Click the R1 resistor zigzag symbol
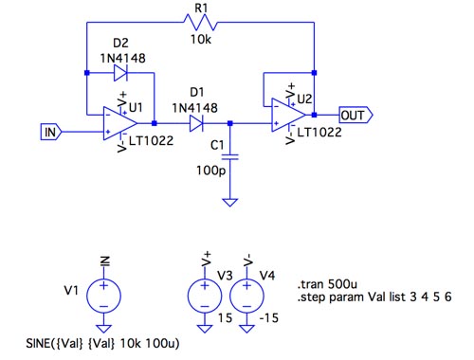pos(201,22)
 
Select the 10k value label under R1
pos(201,40)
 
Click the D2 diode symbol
pos(120,73)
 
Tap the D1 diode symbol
pos(196,123)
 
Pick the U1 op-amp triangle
pos(120,123)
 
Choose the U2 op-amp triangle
pos(289,115)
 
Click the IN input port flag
pos(51,132)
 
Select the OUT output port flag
pos(355,115)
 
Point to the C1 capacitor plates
pos(230,157)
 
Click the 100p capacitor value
pos(211,171)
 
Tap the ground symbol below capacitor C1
pos(230,202)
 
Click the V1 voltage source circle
pos(103,296)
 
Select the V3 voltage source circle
pos(205,296)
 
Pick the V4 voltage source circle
pos(246,296)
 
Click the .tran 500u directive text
pos(327,284)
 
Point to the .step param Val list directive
pos(374,297)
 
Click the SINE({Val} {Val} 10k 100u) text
pos(102,343)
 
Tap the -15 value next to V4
pos(269,317)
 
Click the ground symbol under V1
pos(103,329)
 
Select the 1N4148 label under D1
pos(195,108)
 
